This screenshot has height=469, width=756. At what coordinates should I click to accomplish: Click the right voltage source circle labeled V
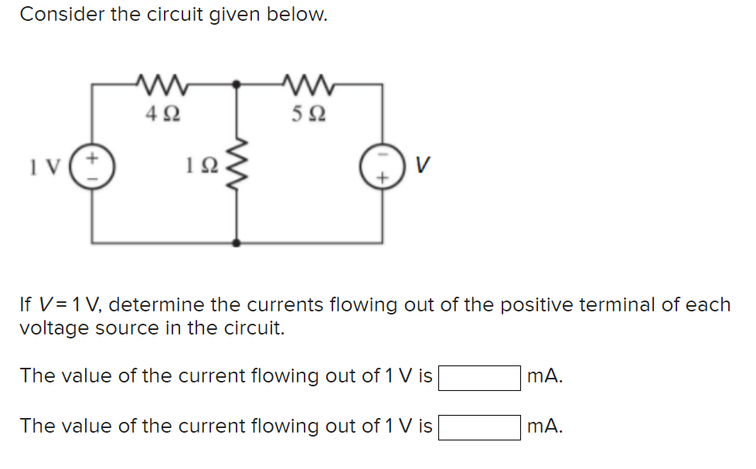[382, 166]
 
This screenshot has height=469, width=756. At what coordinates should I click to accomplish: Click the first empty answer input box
[479, 378]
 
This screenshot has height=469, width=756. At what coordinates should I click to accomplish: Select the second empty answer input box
[479, 427]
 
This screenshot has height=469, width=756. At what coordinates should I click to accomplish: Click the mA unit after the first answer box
[544, 377]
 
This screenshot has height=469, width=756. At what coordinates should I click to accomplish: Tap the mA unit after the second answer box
[544, 427]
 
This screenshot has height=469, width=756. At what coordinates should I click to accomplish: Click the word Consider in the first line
[58, 15]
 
